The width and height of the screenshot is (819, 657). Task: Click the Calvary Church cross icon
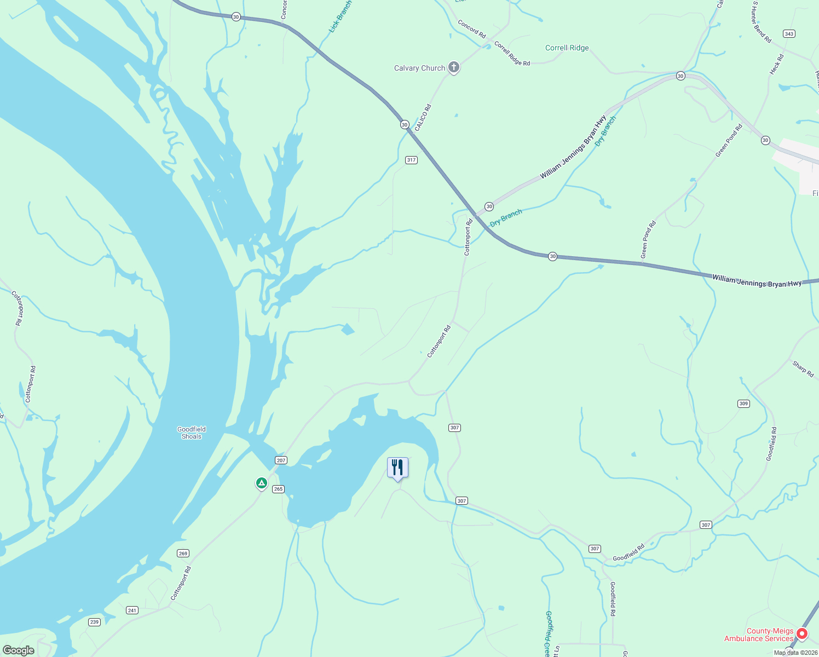click(x=453, y=67)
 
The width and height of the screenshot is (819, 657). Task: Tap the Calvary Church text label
click(x=419, y=68)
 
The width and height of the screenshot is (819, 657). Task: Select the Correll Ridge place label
click(x=567, y=48)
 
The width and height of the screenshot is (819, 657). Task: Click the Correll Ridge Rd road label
click(x=512, y=54)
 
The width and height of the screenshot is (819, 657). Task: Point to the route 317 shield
click(x=411, y=160)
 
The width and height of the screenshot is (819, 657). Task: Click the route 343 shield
click(x=789, y=34)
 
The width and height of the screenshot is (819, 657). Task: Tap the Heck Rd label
click(x=776, y=64)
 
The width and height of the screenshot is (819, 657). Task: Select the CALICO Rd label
click(x=423, y=118)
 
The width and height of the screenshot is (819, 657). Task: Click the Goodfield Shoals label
click(x=192, y=433)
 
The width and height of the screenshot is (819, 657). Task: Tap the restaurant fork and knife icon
click(x=397, y=468)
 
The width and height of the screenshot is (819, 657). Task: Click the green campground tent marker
click(x=262, y=483)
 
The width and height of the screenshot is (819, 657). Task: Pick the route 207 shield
click(x=281, y=460)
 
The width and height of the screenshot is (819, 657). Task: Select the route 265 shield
click(x=278, y=489)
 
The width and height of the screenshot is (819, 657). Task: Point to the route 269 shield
click(x=183, y=554)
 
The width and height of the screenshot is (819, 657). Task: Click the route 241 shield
click(x=132, y=610)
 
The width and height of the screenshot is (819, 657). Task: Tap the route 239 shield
click(x=94, y=622)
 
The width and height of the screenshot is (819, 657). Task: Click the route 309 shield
click(x=743, y=404)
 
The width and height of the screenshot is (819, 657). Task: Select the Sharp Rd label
click(x=803, y=368)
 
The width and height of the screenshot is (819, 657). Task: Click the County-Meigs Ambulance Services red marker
click(x=801, y=634)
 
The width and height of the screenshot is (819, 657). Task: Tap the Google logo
click(x=18, y=650)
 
